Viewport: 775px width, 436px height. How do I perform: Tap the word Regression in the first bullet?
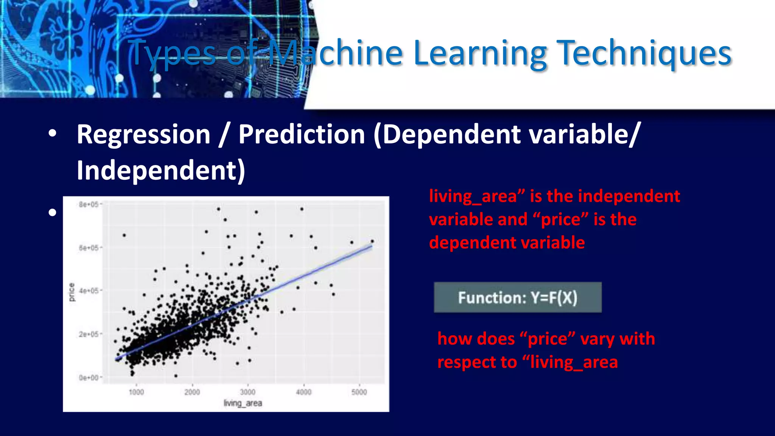point(143,134)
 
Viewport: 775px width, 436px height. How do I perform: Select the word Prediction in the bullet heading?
point(301,134)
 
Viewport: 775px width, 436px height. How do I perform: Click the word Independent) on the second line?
point(161,170)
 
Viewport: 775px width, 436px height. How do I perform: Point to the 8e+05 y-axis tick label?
point(89,205)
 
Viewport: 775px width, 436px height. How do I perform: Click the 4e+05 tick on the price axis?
point(89,291)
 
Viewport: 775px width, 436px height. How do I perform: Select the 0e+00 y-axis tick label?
point(89,377)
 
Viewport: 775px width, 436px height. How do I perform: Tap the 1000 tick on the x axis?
point(136,392)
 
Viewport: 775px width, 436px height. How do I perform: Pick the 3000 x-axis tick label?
point(248,392)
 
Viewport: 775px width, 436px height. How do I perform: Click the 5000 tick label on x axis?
point(359,392)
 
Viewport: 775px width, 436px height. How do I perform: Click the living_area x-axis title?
point(243,403)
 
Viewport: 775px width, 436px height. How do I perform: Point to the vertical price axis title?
point(72,292)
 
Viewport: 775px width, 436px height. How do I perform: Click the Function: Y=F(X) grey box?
point(517,297)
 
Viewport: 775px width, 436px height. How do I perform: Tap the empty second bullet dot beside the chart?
point(52,212)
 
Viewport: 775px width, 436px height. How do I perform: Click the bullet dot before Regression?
point(52,133)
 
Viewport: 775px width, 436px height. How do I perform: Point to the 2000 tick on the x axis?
point(192,392)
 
